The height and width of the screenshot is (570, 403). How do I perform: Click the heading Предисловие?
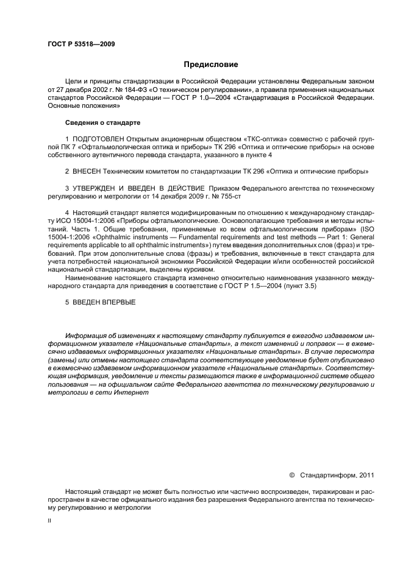click(x=211, y=65)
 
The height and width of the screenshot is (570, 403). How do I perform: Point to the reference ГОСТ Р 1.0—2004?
click(x=182, y=97)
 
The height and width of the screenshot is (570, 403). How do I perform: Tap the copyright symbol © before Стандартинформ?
click(x=291, y=475)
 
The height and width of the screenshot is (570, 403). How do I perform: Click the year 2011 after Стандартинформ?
click(x=365, y=475)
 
